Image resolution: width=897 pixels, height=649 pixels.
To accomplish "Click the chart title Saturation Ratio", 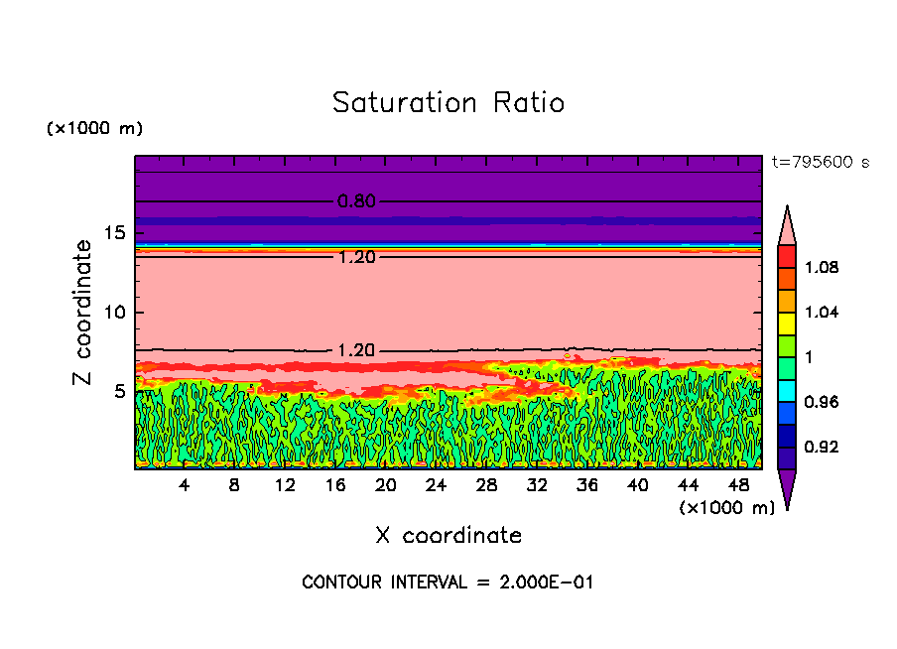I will [x=448, y=102].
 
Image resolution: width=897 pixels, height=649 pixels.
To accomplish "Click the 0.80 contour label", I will [x=356, y=201].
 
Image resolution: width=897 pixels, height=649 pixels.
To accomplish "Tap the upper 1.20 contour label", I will [x=356, y=257].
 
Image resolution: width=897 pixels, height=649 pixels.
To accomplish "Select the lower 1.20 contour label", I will [x=356, y=350].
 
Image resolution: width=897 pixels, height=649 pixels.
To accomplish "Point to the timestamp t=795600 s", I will [x=820, y=162].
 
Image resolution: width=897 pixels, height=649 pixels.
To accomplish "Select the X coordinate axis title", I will [x=448, y=536].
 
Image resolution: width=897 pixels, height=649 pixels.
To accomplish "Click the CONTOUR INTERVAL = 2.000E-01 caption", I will [x=448, y=582].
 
